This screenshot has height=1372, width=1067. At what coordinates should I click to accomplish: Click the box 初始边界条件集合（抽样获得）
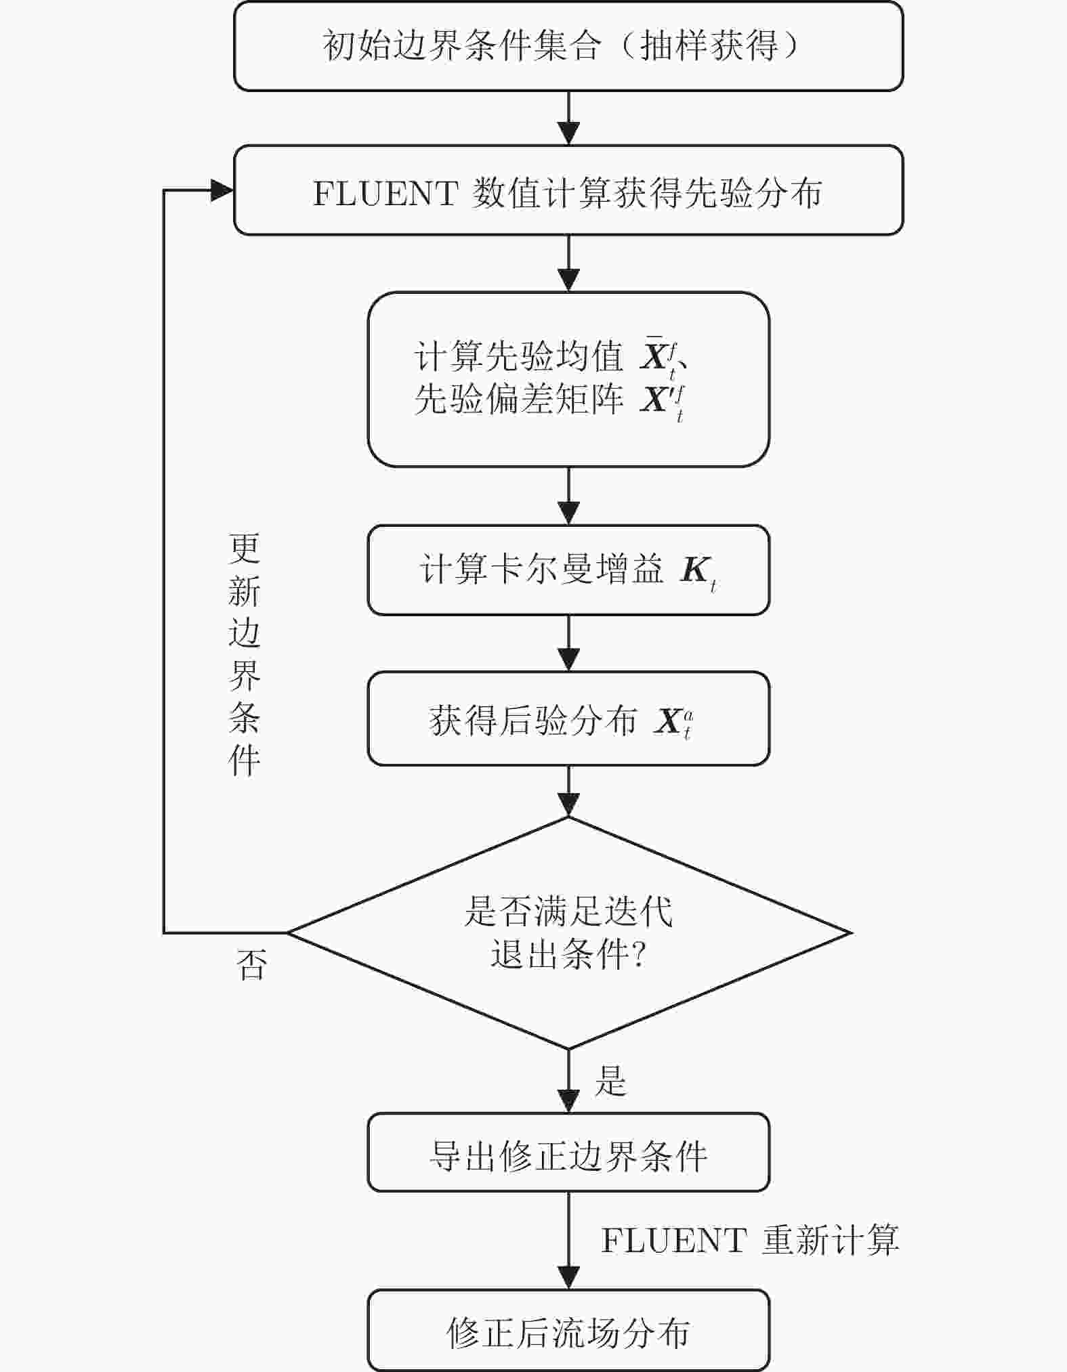pos(568,46)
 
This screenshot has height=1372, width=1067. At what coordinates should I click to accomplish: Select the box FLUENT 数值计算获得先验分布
pos(568,191)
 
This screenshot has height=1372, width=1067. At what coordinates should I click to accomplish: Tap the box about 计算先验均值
pos(568,379)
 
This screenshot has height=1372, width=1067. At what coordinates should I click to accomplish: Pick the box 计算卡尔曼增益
pos(568,570)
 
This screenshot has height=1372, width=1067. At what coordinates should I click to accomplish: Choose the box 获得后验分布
pos(568,719)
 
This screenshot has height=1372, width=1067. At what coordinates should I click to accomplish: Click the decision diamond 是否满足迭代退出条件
pos(568,932)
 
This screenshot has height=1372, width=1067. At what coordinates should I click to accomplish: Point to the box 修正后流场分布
pos(568,1331)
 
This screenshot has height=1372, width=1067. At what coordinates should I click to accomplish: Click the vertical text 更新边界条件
pos(244,654)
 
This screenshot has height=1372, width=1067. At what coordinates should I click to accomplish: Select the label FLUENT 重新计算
pos(749,1241)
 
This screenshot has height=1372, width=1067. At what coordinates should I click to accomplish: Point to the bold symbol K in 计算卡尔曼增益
pos(695,570)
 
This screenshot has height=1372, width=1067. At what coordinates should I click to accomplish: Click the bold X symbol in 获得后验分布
pos(669,721)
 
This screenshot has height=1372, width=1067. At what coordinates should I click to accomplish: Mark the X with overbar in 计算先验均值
pos(654,356)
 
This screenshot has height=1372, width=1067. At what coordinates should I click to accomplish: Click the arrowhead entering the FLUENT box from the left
pos(222,190)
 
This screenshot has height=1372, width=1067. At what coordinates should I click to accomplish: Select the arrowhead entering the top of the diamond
pos(568,806)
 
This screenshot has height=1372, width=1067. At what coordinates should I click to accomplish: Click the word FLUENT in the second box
pos(385,194)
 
